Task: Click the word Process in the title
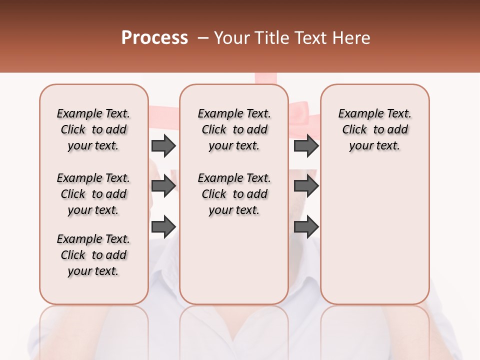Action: click(154, 38)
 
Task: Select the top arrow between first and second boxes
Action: click(163, 145)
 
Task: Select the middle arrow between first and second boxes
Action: click(163, 186)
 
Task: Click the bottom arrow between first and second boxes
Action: click(163, 226)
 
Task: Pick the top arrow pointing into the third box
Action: click(306, 145)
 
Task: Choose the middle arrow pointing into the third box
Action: click(306, 186)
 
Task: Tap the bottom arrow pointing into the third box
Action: click(306, 226)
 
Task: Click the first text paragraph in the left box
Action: click(93, 129)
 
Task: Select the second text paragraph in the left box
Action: click(93, 194)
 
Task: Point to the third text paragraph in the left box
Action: click(93, 255)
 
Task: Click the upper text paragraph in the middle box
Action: click(234, 129)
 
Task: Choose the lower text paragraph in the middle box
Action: click(234, 194)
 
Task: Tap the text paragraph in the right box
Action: click(374, 129)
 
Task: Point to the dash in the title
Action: click(202, 38)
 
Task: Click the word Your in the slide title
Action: click(232, 38)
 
